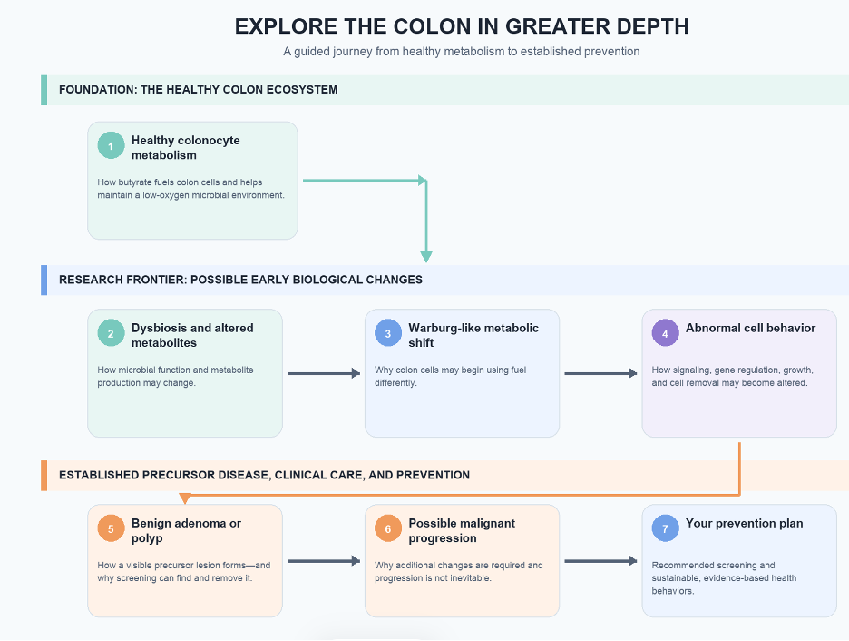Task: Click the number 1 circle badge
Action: click(111, 146)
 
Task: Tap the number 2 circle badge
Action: click(111, 333)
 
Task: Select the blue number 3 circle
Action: click(388, 333)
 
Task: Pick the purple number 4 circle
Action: click(666, 333)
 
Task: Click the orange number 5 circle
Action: click(111, 528)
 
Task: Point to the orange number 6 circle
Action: click(388, 528)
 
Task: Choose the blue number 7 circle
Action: click(666, 528)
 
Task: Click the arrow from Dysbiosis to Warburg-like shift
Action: click(324, 373)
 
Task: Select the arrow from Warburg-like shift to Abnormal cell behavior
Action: click(601, 373)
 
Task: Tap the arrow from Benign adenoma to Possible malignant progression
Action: click(324, 561)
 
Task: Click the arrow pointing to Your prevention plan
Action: click(601, 561)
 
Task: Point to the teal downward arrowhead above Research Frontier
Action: click(426, 257)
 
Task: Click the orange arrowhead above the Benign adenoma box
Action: click(185, 498)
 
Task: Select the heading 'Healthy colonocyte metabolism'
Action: click(186, 147)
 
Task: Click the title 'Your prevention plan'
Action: click(745, 523)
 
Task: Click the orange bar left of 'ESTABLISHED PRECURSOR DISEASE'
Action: click(44, 476)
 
